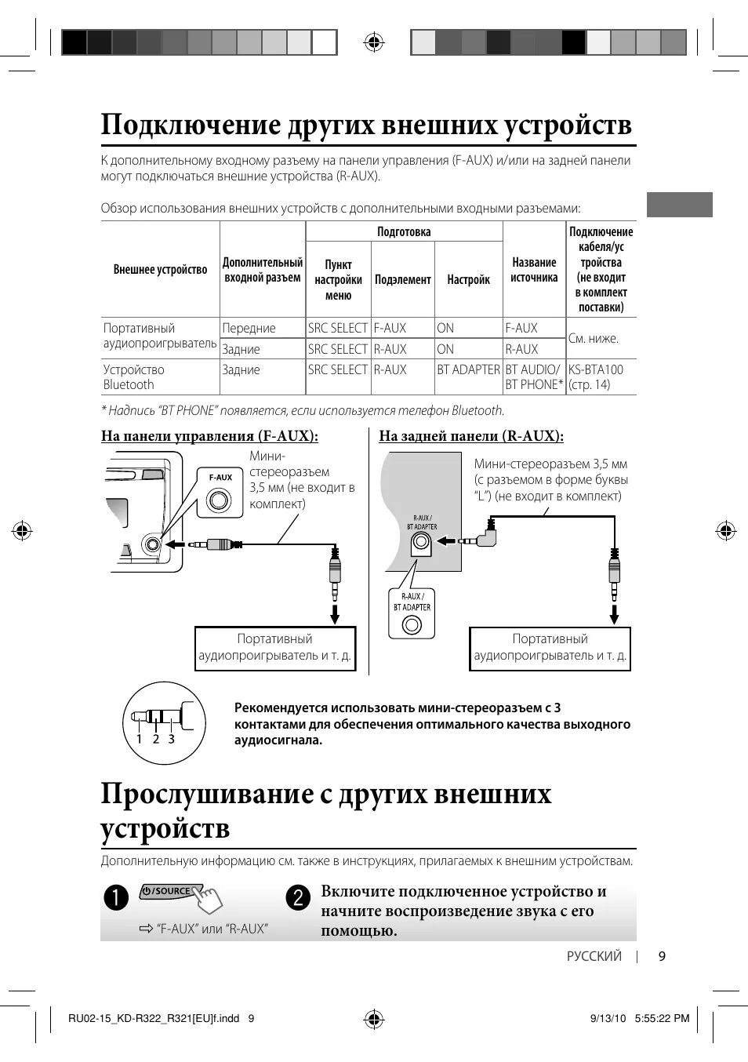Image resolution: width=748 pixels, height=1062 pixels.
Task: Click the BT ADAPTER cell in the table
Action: point(468,369)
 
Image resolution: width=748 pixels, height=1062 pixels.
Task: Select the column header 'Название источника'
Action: point(534,270)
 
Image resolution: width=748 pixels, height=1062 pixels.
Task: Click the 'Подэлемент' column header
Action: point(402,279)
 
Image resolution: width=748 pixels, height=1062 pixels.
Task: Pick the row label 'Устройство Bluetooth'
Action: point(134,377)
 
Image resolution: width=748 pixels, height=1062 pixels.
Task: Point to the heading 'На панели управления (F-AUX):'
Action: point(209,436)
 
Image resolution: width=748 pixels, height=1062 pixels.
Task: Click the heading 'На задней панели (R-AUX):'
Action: point(471,436)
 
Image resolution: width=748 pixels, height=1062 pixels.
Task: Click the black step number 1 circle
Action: point(116,897)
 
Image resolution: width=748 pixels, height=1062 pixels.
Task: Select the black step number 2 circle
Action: point(298,897)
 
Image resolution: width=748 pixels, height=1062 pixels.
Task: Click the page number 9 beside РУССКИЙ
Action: point(662,956)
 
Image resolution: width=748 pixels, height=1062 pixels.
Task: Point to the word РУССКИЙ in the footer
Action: point(594,956)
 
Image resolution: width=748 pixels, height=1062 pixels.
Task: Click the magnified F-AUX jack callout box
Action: point(220,493)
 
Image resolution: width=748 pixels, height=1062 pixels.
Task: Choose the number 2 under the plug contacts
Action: point(155,739)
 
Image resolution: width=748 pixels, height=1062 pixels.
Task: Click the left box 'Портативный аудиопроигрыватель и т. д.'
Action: point(275,648)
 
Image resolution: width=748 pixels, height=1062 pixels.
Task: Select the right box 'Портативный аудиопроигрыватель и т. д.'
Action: point(550,648)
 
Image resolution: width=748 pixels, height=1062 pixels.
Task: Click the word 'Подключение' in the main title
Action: point(191,125)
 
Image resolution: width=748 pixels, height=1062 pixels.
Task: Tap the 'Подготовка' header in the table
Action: point(404,231)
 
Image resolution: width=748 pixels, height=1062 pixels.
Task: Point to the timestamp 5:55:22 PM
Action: point(662,1019)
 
